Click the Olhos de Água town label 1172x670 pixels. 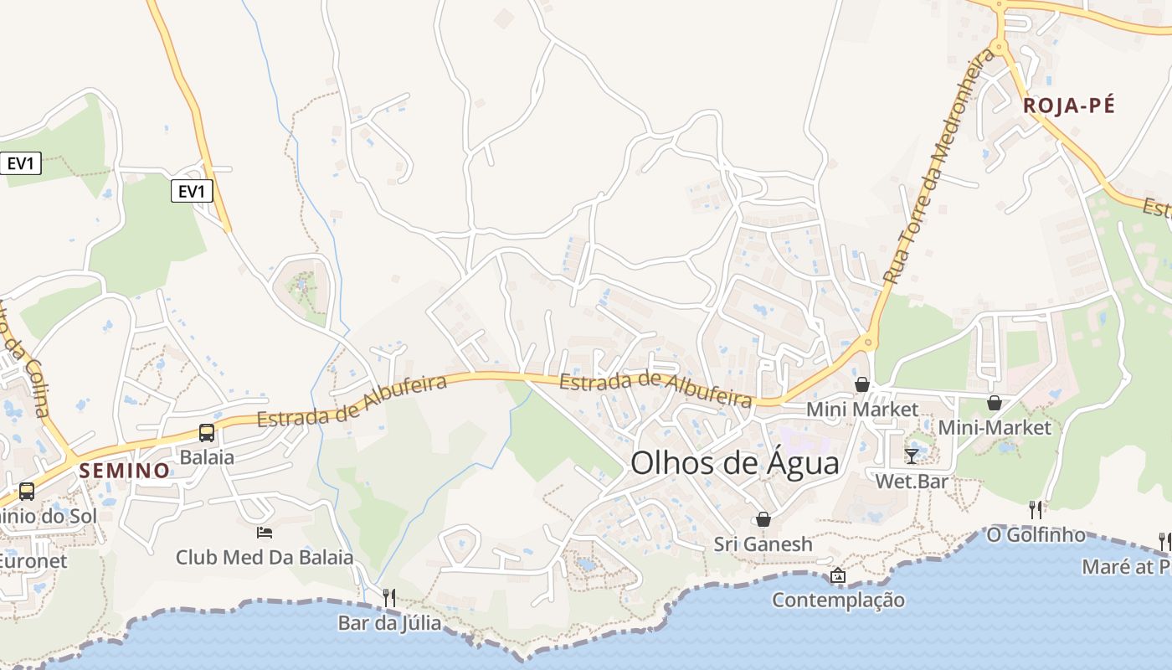(734, 462)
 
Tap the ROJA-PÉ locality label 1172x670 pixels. (1069, 106)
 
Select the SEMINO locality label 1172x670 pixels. (125, 471)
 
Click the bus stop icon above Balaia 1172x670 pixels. (206, 433)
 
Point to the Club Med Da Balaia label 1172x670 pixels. (264, 557)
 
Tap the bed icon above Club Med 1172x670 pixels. (265, 532)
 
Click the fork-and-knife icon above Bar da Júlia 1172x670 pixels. (388, 597)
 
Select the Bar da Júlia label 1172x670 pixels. (388, 623)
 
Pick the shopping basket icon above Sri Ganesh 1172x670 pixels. (763, 519)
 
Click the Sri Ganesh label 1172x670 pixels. (763, 544)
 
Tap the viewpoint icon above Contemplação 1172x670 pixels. (838, 575)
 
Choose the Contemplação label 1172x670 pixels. (838, 600)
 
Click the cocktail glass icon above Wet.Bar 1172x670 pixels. (911, 456)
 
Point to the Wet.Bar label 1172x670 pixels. (911, 482)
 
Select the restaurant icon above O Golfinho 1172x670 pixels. (1036, 509)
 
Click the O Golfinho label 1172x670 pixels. (1036, 534)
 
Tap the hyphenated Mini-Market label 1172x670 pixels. (994, 427)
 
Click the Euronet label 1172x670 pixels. (32, 560)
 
